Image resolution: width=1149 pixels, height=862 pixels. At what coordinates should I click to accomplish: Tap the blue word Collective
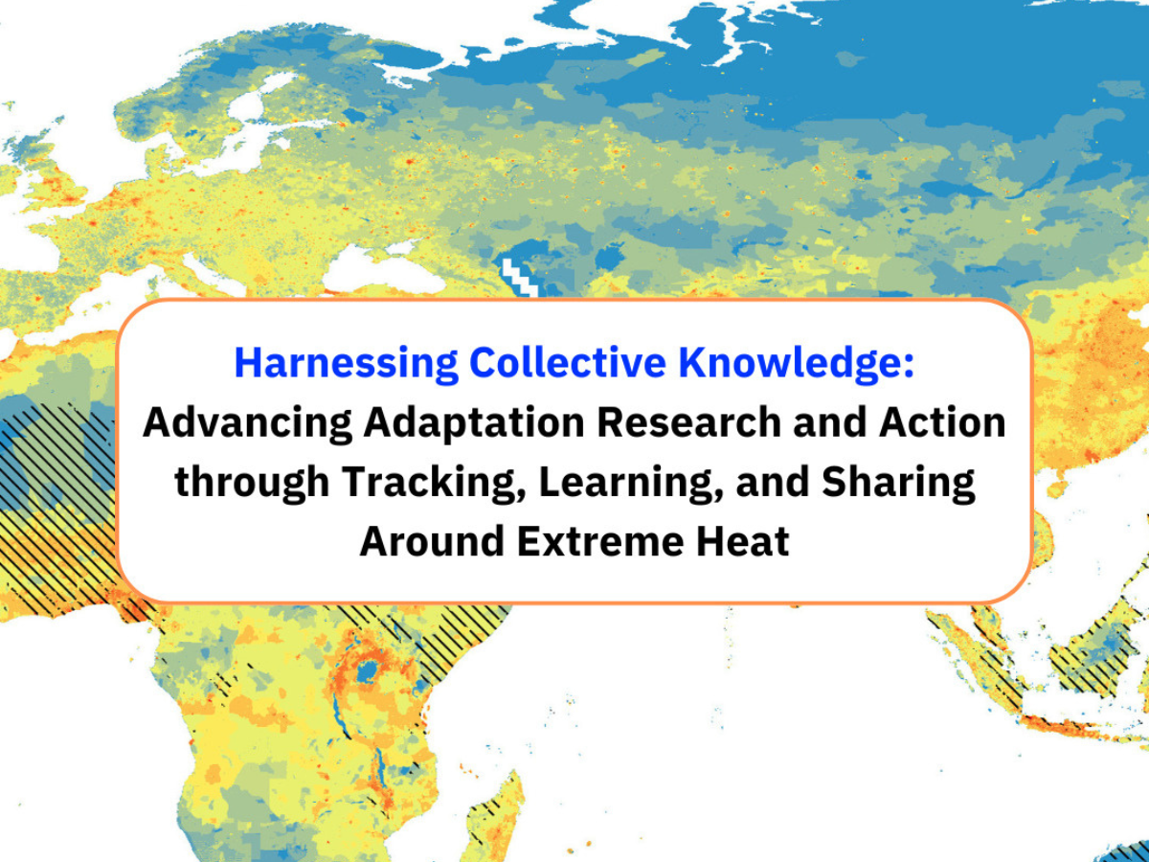[x=568, y=362]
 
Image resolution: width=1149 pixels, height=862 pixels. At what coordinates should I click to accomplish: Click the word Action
[x=942, y=421]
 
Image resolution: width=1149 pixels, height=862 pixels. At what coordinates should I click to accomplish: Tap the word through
[x=252, y=483]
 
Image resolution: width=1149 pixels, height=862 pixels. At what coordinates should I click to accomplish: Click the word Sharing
[x=898, y=483]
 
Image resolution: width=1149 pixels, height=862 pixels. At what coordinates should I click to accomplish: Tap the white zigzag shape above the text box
[x=519, y=278]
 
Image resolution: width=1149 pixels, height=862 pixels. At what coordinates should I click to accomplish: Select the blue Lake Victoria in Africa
[x=368, y=670]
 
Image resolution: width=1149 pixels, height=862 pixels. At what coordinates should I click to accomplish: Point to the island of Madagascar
[x=495, y=816]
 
